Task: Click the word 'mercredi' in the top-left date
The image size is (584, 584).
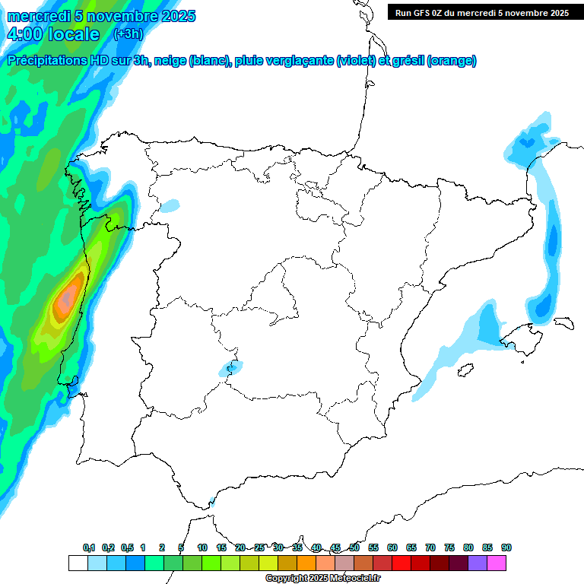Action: point(40,16)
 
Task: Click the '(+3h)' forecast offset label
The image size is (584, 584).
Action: point(128,33)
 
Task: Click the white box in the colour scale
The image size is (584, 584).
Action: point(77,563)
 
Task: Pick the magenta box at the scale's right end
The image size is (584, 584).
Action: point(497,563)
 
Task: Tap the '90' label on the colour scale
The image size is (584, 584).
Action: point(506,547)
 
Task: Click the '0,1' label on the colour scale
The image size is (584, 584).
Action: point(89,547)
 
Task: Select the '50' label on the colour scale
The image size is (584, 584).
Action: point(354,547)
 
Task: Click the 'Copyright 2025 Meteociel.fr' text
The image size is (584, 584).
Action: point(323,579)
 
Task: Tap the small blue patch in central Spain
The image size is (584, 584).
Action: point(230,369)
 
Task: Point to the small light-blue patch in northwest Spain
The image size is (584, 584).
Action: point(170,205)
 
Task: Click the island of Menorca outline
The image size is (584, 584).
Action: point(563,322)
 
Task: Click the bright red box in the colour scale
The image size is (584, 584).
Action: point(401,563)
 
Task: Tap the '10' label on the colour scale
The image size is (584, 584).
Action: point(202,547)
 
